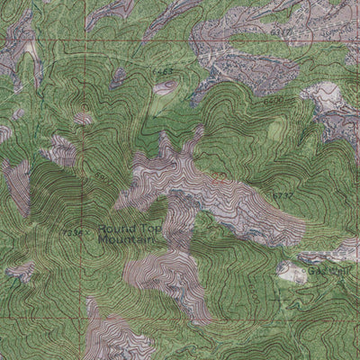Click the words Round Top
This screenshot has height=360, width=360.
click(125, 230)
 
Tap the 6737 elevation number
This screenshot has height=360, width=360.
click(283, 195)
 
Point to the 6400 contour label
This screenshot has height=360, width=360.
click(274, 101)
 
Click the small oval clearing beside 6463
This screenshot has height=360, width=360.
click(165, 88)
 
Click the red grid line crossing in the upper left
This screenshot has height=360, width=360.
click(87, 40)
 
